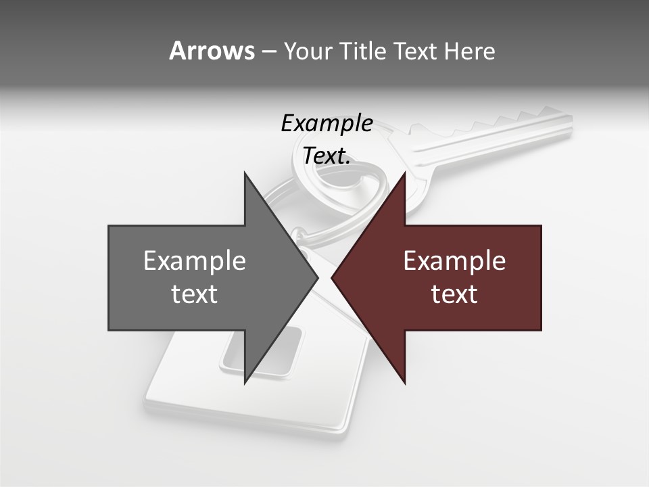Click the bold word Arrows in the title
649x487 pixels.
(x=212, y=51)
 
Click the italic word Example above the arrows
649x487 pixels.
(x=327, y=124)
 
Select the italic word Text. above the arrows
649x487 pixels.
(x=327, y=156)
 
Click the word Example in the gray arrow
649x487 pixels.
(x=195, y=261)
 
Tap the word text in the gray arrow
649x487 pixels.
(x=195, y=294)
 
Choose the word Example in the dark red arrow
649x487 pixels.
(x=454, y=261)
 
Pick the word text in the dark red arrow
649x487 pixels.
(x=454, y=294)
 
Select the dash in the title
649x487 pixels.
(x=268, y=51)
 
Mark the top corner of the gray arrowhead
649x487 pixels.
(x=245, y=175)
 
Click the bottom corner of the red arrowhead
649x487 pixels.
(x=404, y=382)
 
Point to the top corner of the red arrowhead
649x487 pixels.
(x=404, y=175)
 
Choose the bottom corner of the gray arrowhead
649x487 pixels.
(x=245, y=382)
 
